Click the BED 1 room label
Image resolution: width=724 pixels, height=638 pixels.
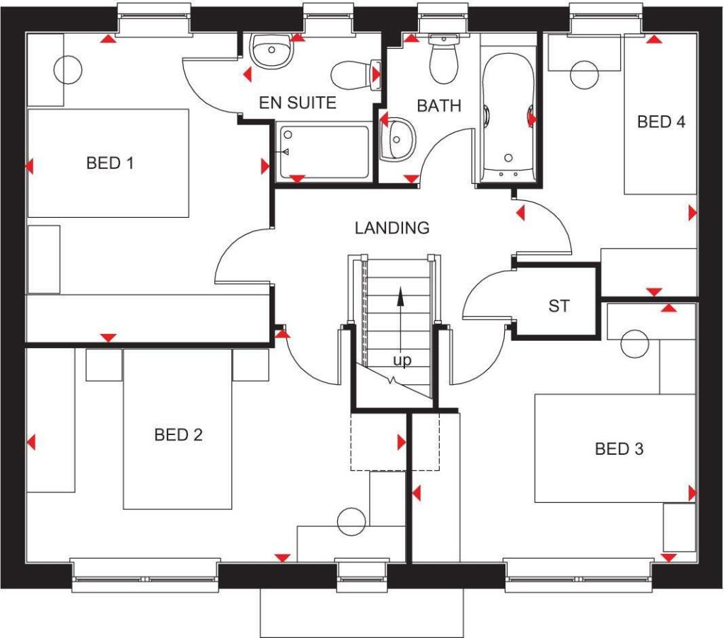(110, 163)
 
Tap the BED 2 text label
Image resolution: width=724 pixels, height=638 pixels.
(178, 435)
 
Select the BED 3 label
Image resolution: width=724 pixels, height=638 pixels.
(619, 448)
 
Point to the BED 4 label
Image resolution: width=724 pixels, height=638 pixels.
(661, 122)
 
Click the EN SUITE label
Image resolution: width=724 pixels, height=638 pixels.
(298, 103)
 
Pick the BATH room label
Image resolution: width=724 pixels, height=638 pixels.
(439, 106)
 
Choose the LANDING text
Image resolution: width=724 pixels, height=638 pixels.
(392, 228)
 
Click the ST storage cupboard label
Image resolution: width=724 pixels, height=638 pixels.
(559, 306)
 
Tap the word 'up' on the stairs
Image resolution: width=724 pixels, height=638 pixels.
(402, 360)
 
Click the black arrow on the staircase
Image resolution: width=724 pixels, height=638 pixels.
(400, 320)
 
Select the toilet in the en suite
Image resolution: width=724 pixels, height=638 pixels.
(356, 75)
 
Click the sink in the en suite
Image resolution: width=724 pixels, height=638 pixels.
(271, 51)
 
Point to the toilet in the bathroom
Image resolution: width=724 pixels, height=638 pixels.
(444, 58)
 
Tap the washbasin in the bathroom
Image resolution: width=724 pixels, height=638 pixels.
(397, 139)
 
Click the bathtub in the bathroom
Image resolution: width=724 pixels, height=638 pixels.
(508, 118)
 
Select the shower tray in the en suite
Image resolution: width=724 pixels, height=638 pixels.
(324, 151)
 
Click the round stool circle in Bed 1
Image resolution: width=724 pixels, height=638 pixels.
(69, 70)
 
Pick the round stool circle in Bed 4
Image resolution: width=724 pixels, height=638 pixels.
(585, 75)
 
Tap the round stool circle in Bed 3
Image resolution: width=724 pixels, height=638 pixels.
(635, 344)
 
